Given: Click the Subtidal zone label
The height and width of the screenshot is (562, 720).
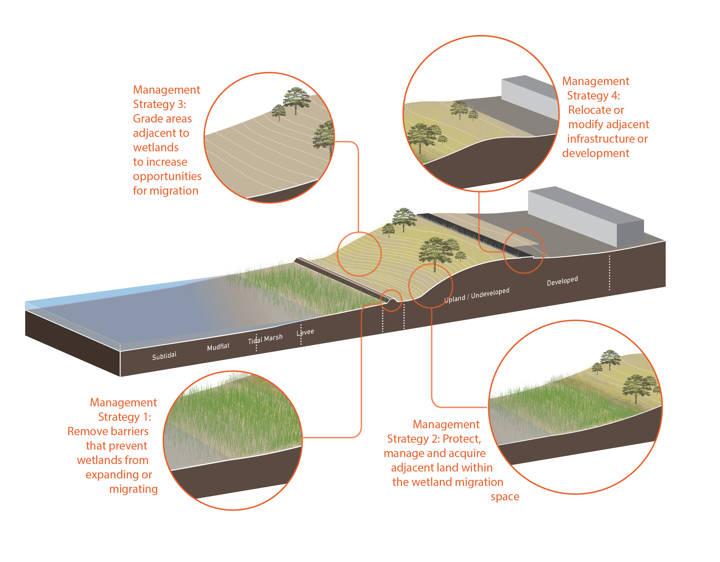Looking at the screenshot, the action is coord(164,356).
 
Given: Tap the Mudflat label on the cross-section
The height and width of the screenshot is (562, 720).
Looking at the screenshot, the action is coord(218,347).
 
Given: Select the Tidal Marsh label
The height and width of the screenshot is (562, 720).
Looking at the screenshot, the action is coord(265,339).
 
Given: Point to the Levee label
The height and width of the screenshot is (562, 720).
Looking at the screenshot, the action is coord(305,332).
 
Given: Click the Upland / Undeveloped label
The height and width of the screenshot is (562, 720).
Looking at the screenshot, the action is coord(477,295).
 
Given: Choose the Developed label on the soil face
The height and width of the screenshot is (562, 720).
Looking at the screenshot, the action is coord(562,281).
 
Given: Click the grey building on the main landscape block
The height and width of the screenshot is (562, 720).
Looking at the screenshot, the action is coord(586,217).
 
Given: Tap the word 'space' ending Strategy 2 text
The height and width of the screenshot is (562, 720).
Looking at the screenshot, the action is coord(505,497).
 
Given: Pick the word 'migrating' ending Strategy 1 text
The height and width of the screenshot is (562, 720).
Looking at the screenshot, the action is coord(134,489).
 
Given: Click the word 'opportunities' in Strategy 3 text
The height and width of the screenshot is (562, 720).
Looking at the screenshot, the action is coord(167,176).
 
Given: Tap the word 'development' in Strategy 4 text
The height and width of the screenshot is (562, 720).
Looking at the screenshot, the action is coord(595,153).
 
